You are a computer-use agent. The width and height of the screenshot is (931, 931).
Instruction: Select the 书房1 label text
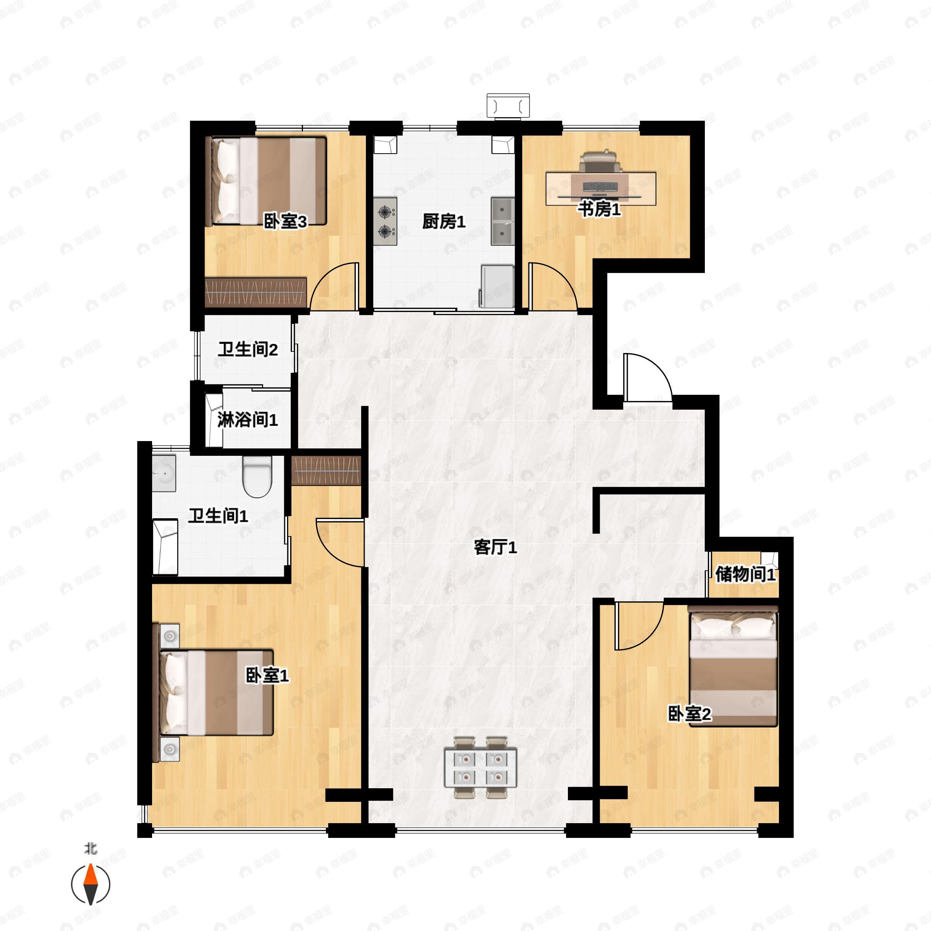click(599, 209)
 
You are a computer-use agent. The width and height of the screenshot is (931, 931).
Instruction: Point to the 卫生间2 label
click(248, 350)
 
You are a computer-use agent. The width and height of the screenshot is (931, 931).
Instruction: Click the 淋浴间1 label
click(248, 420)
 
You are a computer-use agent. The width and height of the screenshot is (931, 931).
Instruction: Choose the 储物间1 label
click(745, 574)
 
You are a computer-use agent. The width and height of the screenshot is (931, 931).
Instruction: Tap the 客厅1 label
click(495, 547)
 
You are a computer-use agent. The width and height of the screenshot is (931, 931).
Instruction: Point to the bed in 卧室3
click(266, 181)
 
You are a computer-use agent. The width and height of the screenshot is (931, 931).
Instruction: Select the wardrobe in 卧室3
click(256, 292)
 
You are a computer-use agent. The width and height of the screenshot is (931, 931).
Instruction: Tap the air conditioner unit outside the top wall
click(508, 106)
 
